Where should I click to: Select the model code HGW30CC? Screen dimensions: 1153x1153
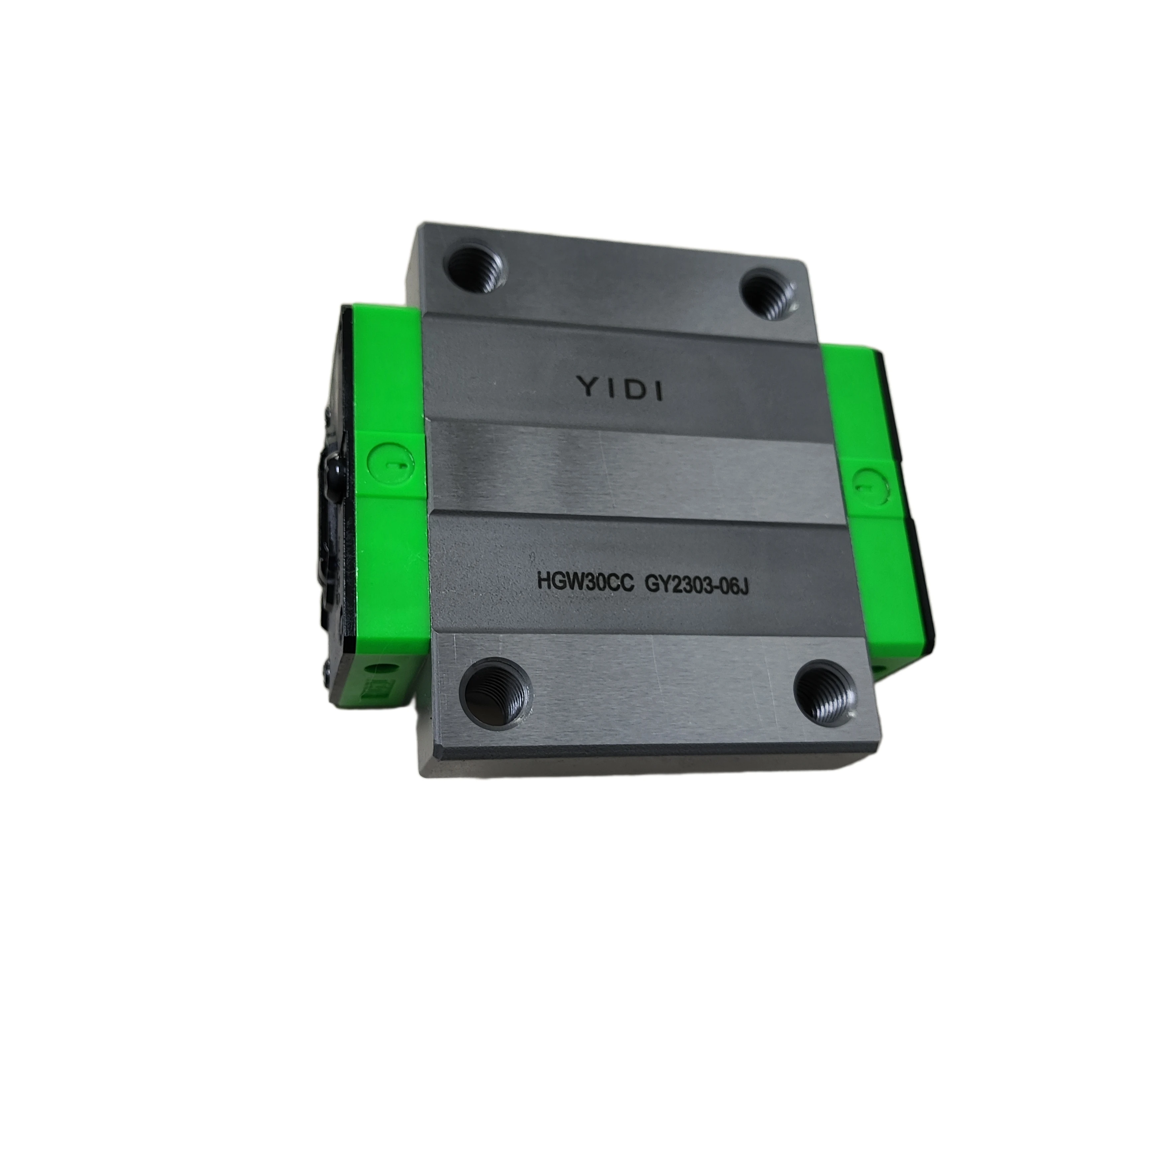pos(585,581)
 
